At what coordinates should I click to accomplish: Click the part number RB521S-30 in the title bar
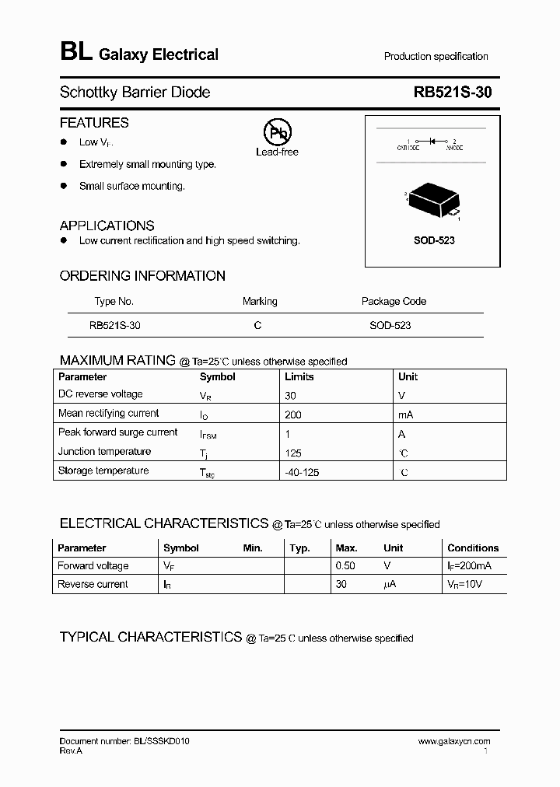tap(453, 93)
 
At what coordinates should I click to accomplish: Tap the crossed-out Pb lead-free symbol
tap(276, 134)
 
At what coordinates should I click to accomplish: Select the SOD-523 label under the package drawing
tap(434, 240)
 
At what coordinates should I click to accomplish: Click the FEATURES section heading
tap(94, 123)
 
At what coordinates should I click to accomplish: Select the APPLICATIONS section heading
tap(107, 226)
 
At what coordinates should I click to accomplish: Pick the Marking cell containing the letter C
tap(257, 326)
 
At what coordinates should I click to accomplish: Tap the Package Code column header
tap(394, 302)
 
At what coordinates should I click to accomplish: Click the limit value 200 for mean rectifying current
tap(293, 414)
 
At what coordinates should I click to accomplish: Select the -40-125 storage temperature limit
tap(303, 471)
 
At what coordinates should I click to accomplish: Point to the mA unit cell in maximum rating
tap(405, 414)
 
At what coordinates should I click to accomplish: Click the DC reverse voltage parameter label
tap(100, 394)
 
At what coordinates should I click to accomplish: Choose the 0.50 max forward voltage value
tap(345, 566)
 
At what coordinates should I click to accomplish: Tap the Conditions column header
tap(473, 548)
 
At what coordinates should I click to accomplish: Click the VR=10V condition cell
tap(465, 584)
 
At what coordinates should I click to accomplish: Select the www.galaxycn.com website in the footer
tap(454, 742)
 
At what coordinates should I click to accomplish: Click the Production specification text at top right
tap(436, 57)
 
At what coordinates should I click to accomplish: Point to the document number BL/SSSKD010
tap(124, 742)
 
